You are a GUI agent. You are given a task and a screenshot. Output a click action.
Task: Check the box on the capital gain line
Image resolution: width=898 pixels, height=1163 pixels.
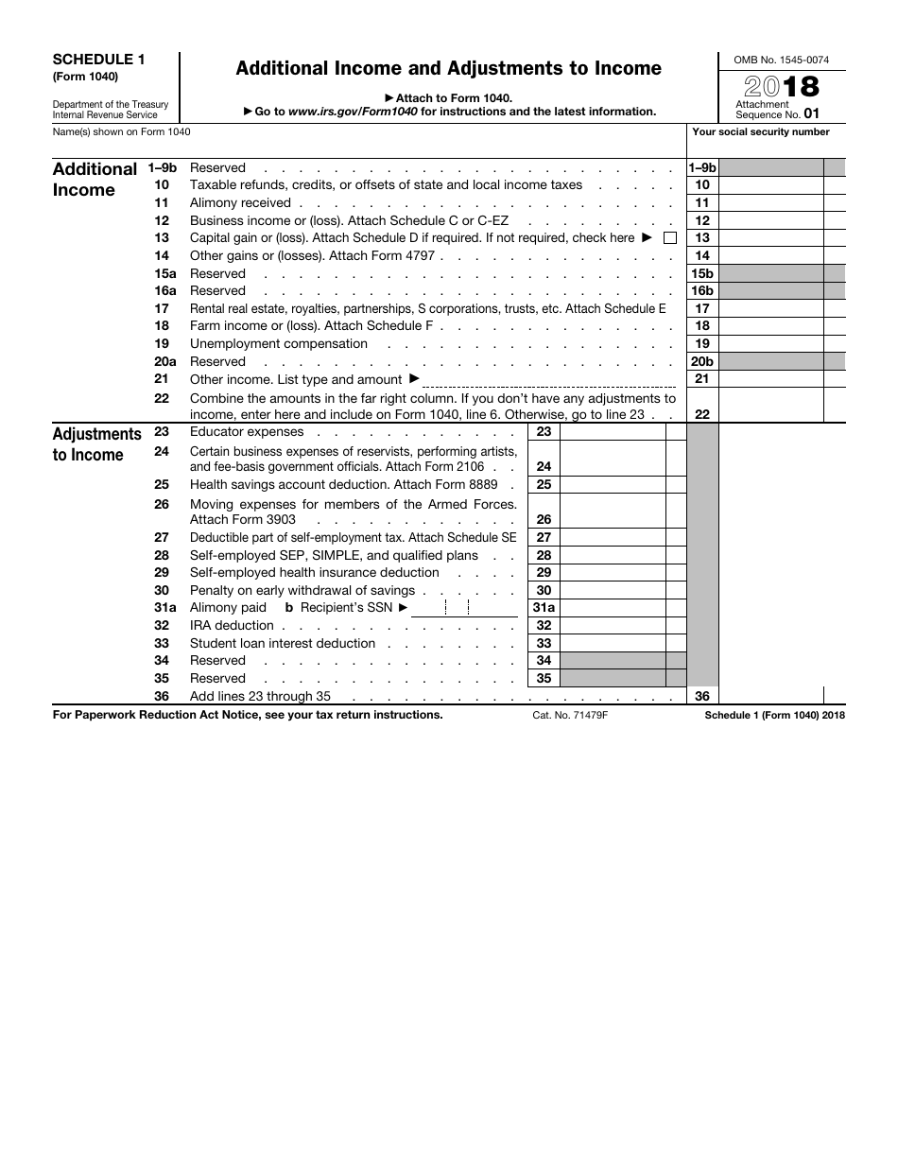pyautogui.click(x=670, y=238)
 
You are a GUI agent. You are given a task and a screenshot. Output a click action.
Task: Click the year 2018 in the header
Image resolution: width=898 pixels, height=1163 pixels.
pyautogui.click(x=781, y=88)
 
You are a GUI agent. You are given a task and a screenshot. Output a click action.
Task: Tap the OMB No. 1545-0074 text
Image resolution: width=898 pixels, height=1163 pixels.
pyautogui.click(x=781, y=60)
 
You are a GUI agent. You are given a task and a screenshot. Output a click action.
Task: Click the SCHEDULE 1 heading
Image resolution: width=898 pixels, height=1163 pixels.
pyautogui.click(x=98, y=59)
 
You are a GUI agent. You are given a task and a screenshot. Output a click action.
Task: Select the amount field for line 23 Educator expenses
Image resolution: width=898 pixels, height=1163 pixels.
pyautogui.click(x=613, y=432)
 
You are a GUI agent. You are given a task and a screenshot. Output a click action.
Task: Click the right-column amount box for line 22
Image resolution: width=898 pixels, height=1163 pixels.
pyautogui.click(x=770, y=407)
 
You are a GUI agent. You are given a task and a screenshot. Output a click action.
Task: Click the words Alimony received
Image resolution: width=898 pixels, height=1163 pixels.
pyautogui.click(x=240, y=203)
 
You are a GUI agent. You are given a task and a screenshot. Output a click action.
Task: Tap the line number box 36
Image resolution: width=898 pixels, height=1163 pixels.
pyautogui.click(x=702, y=697)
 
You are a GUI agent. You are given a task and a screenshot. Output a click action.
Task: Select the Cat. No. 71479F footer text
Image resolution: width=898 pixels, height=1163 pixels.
pyautogui.click(x=570, y=716)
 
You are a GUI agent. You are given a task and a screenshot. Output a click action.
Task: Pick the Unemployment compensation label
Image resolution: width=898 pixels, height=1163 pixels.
pyautogui.click(x=279, y=344)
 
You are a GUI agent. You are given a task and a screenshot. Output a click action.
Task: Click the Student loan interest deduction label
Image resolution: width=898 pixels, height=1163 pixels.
pyautogui.click(x=283, y=644)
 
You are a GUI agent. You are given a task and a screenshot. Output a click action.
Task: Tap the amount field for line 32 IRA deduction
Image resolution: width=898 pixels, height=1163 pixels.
pyautogui.click(x=613, y=626)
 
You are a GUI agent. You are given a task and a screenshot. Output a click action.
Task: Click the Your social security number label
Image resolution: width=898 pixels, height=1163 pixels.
pyautogui.click(x=761, y=132)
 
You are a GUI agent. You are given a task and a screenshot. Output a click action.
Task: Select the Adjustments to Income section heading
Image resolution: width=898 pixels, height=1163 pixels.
pyautogui.click(x=96, y=444)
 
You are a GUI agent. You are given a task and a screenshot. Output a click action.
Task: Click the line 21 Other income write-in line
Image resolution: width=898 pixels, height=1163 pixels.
pyautogui.click(x=549, y=380)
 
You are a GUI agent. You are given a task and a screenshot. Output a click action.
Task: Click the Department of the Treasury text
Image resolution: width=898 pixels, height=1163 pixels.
pyautogui.click(x=111, y=104)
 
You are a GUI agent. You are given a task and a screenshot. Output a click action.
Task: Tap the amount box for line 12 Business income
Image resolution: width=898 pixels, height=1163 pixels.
pyautogui.click(x=770, y=220)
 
